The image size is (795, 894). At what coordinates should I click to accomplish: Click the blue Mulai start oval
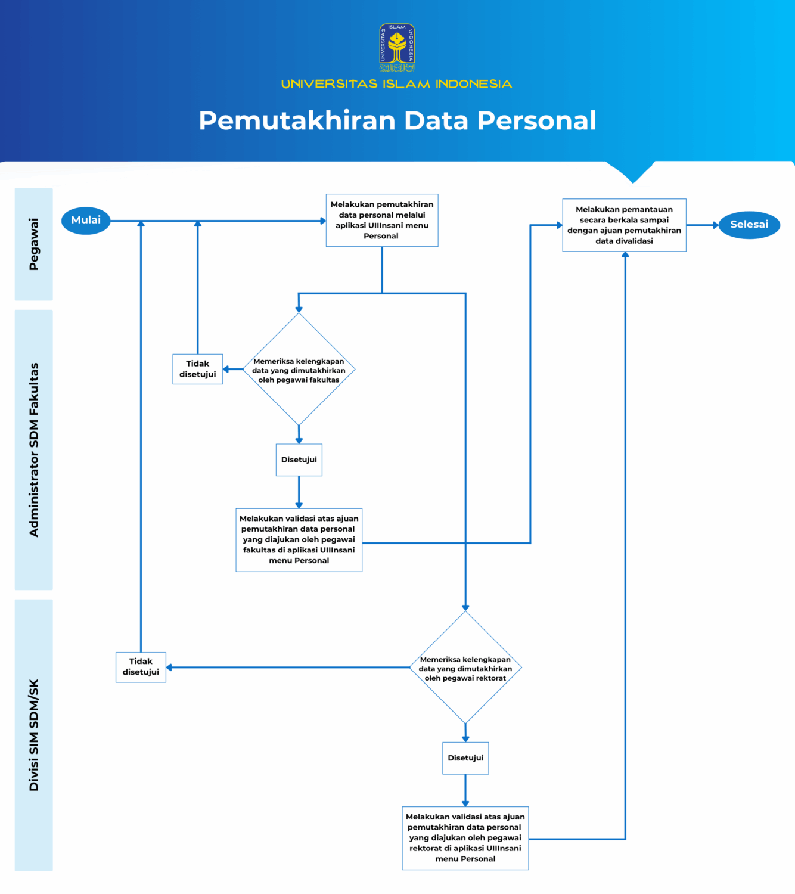tap(86, 221)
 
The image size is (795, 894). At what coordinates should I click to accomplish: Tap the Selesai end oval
tap(749, 225)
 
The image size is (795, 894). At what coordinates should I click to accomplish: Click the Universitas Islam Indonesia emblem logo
tap(397, 48)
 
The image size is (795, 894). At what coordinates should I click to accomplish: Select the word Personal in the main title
tap(536, 120)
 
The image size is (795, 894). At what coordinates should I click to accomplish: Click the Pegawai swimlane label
tap(33, 244)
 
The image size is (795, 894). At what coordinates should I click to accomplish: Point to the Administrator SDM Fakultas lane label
tap(33, 449)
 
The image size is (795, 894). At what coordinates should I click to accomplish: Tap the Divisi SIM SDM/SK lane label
tap(33, 735)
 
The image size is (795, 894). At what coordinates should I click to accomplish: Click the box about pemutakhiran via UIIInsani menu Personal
tap(382, 220)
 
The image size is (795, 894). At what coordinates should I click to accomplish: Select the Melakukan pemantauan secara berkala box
tap(624, 225)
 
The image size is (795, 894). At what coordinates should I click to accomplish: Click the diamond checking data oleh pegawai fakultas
tap(299, 370)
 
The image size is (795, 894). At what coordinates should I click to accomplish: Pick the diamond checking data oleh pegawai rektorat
tap(465, 668)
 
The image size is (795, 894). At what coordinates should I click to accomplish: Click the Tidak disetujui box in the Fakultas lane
tap(197, 369)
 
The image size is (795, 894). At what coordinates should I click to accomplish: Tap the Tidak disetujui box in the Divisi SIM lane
tap(141, 667)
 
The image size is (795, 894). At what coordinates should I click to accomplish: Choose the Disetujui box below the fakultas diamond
tap(299, 460)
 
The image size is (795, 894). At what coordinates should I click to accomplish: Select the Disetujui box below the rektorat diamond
tap(465, 758)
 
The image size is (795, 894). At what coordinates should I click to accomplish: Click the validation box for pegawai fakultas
tap(299, 539)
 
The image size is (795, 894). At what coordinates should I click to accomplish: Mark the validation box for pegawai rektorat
tap(465, 838)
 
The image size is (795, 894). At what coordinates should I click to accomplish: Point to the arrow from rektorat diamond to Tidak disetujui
tap(286, 668)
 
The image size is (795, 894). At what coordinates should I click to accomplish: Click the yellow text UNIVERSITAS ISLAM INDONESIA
tap(396, 84)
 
